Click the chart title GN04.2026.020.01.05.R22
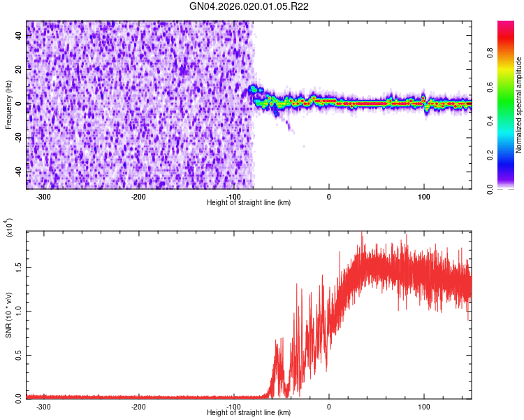249,6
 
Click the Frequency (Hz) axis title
8,105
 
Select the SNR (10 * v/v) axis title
8,315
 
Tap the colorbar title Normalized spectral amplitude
518,105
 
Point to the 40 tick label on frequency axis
19,35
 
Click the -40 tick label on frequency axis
19,171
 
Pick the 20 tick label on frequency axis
19,69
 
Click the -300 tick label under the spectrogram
43,197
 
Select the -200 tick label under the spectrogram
138,197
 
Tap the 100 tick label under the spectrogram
424,197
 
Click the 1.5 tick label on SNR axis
19,267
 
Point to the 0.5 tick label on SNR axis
19,355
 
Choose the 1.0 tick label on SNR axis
19,311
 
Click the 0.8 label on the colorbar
490,53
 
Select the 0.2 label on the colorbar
490,155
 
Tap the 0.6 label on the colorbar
490,87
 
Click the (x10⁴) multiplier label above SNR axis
9,227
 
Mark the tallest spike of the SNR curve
362,233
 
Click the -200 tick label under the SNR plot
138,407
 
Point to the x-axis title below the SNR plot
249,412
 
